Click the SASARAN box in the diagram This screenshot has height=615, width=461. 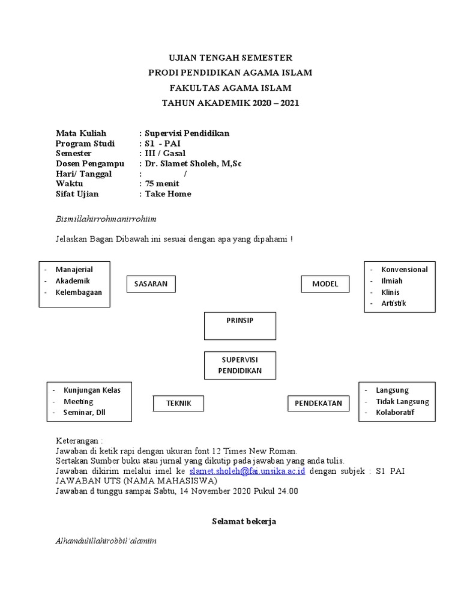click(x=151, y=283)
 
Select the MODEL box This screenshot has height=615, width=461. click(x=325, y=283)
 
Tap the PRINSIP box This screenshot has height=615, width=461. click(x=240, y=325)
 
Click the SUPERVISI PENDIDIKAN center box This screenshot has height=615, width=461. click(x=240, y=365)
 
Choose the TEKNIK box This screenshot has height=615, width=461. click(x=179, y=404)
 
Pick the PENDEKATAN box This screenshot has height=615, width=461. click(x=318, y=404)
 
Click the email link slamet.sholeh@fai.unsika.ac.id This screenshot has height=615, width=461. click(x=247, y=471)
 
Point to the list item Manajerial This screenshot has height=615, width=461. click(x=74, y=270)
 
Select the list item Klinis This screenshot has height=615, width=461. click(x=390, y=292)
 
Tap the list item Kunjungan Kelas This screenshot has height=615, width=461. click(x=92, y=390)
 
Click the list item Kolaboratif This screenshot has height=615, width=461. click(x=395, y=413)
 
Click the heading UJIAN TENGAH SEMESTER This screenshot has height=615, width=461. click(x=230, y=58)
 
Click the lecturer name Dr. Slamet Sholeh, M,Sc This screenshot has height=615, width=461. click(x=193, y=163)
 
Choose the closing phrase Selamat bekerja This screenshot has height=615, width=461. click(x=243, y=521)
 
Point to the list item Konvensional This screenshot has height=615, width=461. click(x=405, y=270)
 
